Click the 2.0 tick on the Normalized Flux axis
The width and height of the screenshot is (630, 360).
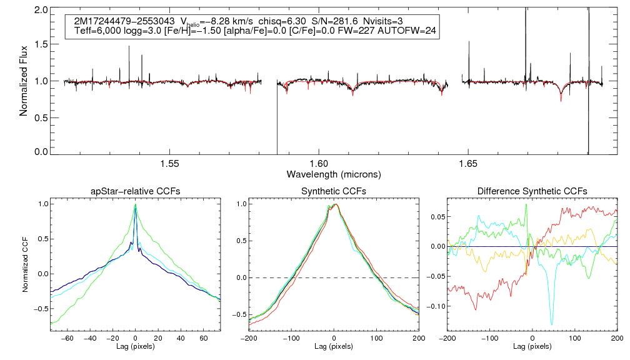tap(41, 11)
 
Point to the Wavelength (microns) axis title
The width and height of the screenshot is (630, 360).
tap(333, 174)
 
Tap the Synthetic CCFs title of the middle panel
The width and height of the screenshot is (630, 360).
tap(334, 191)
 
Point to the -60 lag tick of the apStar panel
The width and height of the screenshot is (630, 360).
tap(69, 338)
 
